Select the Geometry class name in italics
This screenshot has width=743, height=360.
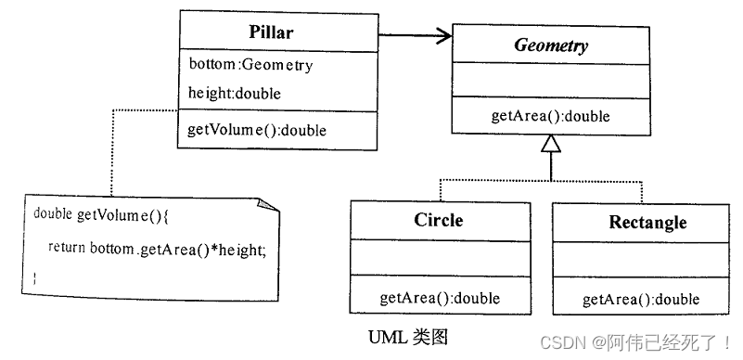(550, 45)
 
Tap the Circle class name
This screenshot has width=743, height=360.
(439, 221)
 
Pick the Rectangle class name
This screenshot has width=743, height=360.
(647, 223)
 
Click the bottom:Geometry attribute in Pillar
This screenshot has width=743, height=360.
(250, 65)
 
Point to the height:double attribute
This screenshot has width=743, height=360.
(235, 93)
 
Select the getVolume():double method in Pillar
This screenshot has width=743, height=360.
(257, 130)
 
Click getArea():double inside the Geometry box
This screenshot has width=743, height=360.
(550, 117)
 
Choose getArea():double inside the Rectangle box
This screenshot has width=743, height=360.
(640, 299)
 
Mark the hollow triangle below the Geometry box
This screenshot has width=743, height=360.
(551, 143)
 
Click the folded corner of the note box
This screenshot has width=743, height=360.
(268, 202)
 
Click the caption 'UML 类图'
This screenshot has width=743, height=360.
(407, 332)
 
